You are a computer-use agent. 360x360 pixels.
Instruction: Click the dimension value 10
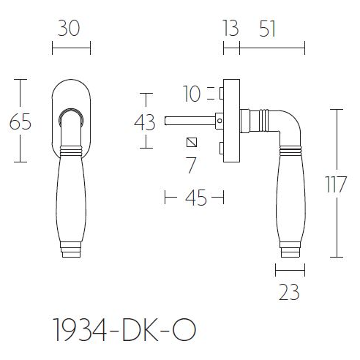pos(192,94)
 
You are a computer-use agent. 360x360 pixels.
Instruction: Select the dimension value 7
pos(192,165)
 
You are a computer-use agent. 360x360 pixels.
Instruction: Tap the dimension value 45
pos(194,198)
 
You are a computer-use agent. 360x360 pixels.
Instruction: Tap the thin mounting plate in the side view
pos(232,121)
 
